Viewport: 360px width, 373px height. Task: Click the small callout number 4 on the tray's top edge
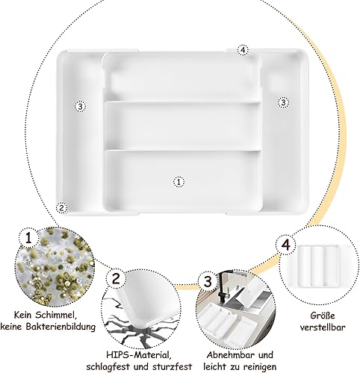[243, 50]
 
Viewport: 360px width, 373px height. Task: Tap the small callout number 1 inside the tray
[179, 182]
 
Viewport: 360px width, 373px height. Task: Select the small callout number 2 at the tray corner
[61, 208]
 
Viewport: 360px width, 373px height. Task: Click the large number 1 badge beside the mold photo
[29, 238]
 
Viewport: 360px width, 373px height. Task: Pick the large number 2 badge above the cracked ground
[116, 279]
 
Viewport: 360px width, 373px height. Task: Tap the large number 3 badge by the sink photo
[208, 282]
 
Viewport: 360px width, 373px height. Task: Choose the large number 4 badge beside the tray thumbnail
[286, 245]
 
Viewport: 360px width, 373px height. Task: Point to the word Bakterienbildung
[64, 327]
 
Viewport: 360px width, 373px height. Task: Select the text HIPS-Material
[139, 354]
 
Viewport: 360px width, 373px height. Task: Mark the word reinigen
[260, 367]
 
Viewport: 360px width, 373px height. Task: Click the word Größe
[323, 316]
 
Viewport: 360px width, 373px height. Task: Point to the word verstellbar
[323, 327]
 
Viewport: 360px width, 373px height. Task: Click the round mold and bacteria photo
[55, 266]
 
